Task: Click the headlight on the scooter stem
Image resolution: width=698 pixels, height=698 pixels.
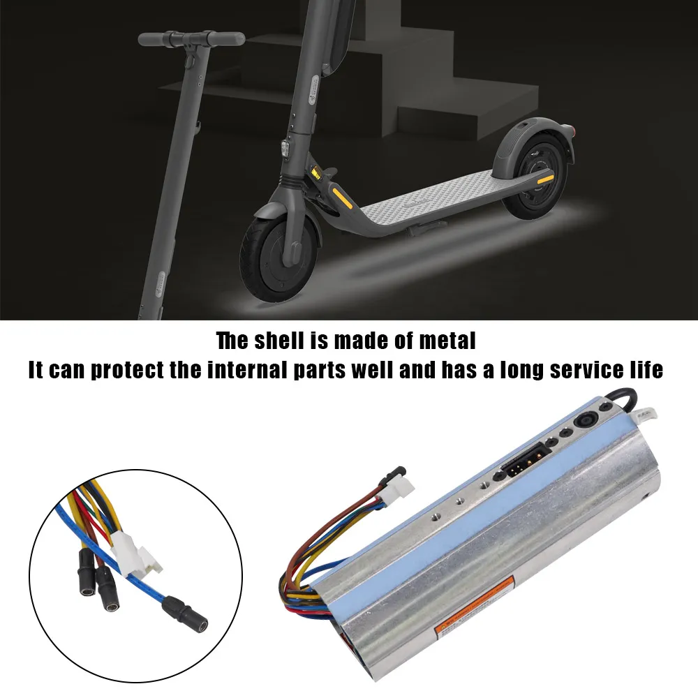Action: point(287,149)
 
